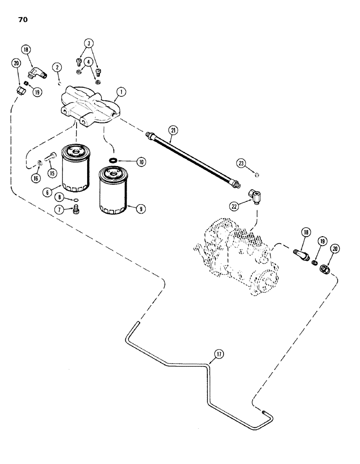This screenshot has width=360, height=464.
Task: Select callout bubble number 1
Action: (x=120, y=92)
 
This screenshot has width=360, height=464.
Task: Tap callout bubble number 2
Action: (x=58, y=68)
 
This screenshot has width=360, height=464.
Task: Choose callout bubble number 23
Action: (x=241, y=163)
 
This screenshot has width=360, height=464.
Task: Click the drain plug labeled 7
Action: (x=77, y=211)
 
